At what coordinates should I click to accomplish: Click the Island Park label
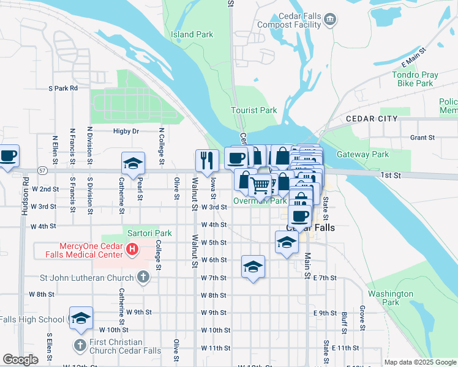point(192,34)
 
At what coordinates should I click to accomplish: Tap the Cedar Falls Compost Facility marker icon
point(330,20)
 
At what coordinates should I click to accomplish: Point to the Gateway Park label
point(362,155)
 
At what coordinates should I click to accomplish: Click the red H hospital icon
point(132,250)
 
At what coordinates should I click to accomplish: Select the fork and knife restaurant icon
point(207,160)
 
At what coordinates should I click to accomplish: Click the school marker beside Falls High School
point(81,318)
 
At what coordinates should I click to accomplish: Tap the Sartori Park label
point(149,233)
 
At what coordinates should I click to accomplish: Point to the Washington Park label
point(391,298)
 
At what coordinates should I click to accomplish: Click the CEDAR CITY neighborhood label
point(371,119)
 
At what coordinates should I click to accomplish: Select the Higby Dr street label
point(126,131)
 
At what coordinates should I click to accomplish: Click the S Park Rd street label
point(63,88)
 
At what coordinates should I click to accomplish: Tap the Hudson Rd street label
point(25,196)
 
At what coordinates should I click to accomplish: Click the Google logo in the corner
point(20,360)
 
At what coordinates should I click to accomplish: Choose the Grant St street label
point(422,138)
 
